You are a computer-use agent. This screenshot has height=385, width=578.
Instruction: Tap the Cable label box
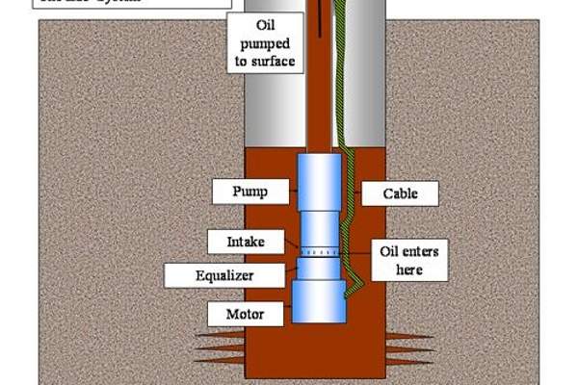point(400,193)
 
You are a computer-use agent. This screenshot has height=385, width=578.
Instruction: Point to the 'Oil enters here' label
point(408,261)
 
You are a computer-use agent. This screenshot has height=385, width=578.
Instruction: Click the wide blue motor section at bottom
point(318,301)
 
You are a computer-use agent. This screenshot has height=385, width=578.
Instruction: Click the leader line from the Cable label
point(354,193)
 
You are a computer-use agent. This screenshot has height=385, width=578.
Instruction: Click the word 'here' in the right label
point(408,270)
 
